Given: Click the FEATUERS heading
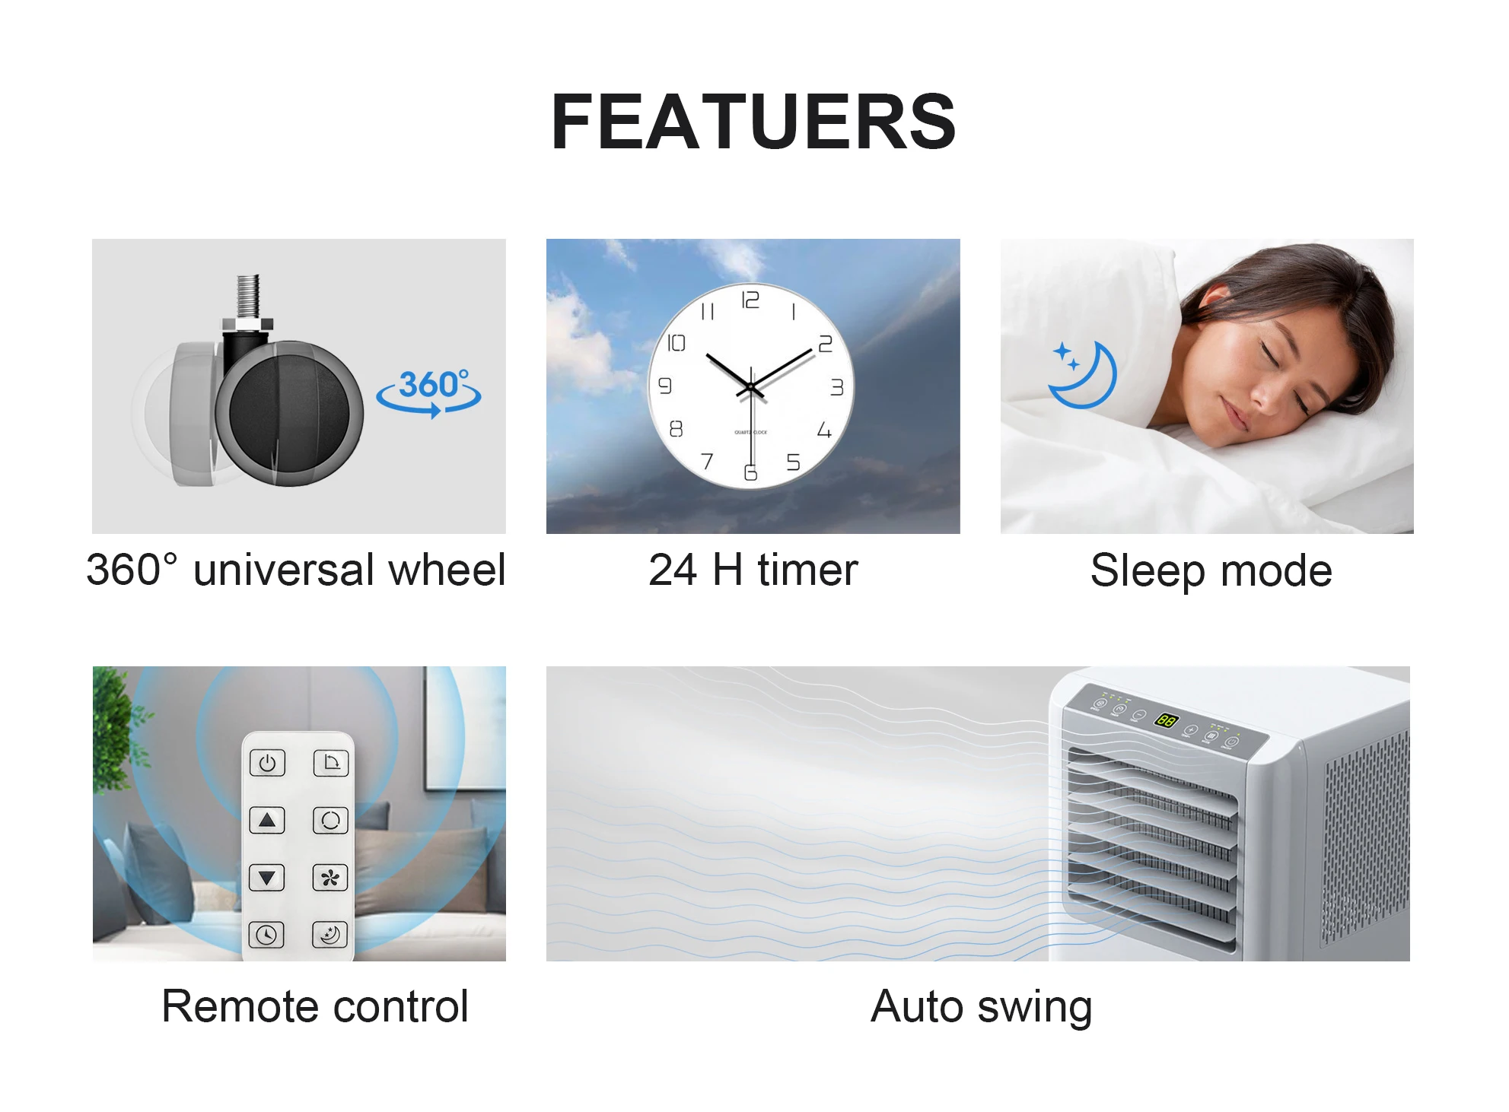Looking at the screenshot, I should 753,122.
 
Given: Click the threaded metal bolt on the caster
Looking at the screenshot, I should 248,297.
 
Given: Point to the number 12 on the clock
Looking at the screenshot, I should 750,300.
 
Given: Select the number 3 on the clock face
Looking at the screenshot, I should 837,387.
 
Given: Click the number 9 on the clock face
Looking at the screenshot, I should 665,386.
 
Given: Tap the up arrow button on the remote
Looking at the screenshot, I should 267,821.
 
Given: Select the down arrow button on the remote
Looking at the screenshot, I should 267,878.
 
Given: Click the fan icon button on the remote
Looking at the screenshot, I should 330,878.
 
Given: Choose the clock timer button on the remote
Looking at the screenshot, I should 266,935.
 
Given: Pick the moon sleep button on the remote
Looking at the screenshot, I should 330,935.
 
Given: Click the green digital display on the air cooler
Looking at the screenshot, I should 1166,720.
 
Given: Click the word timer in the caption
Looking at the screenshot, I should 807,570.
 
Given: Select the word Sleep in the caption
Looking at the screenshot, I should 1148,571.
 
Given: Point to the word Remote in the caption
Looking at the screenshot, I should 242,1006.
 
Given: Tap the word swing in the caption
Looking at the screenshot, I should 1034,1007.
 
